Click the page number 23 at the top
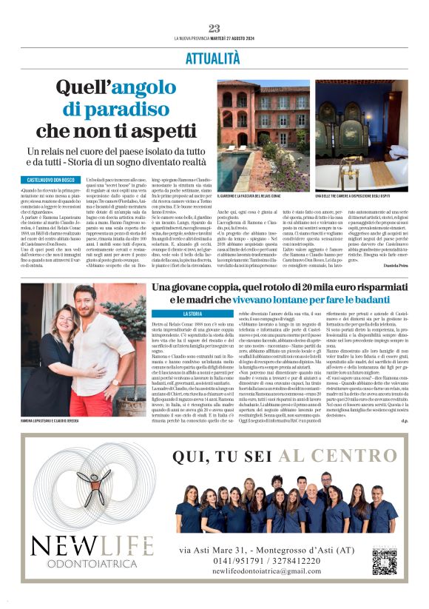[214, 28]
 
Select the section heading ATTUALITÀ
[214, 57]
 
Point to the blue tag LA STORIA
[177, 314]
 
